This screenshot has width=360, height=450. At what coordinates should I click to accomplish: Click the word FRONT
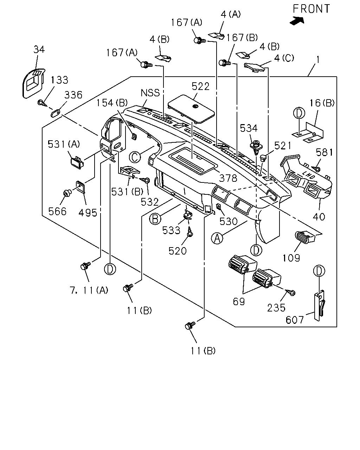[x=311, y=9]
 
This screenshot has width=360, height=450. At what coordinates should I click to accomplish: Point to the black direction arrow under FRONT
[x=297, y=21]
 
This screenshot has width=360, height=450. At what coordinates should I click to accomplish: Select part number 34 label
[x=39, y=50]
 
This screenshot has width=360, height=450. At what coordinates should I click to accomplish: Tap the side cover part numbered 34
[x=33, y=83]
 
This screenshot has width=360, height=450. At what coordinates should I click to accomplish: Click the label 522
[x=201, y=86]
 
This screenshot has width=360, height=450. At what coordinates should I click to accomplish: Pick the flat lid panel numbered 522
[x=191, y=109]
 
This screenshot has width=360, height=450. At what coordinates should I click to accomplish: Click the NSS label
[x=150, y=93]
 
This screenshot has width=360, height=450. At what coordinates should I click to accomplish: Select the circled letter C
[x=135, y=157]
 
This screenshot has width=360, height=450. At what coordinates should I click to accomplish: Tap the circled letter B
[x=155, y=219]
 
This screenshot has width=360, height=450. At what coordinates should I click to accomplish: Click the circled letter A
[x=217, y=238]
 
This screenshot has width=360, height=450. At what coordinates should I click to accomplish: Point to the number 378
[x=228, y=178]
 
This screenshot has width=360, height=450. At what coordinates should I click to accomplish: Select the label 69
[x=239, y=302]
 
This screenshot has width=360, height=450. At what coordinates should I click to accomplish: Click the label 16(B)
[x=322, y=103]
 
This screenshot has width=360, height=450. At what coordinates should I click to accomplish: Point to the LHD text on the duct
[x=309, y=175]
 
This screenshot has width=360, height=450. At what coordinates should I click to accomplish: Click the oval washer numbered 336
[x=56, y=113]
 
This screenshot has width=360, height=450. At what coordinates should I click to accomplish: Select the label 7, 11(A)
[x=89, y=290]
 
